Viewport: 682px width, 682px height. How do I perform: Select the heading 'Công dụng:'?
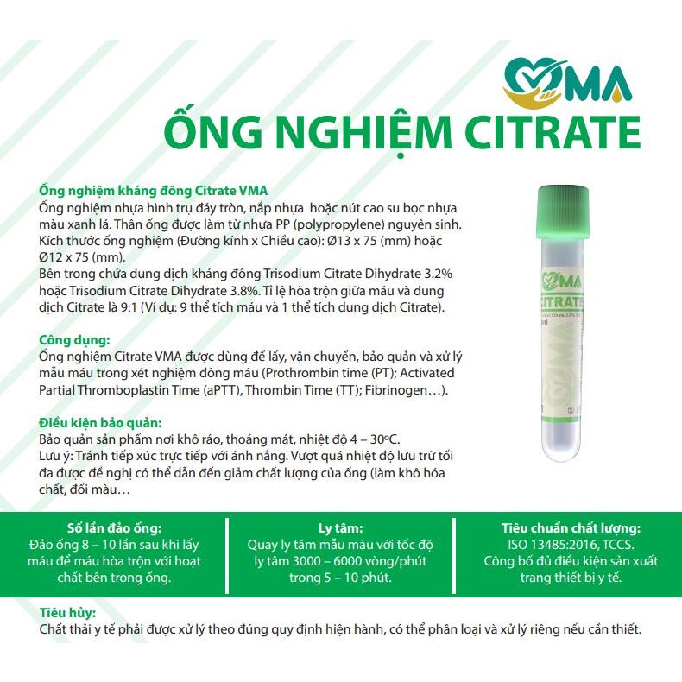[x=74, y=340]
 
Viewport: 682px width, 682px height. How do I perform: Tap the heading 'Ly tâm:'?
[x=340, y=527]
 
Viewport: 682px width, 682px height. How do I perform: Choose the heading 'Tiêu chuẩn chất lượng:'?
[x=571, y=527]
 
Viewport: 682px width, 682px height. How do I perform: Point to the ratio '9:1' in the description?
[x=170, y=308]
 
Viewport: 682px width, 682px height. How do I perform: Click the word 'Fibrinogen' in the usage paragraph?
[x=392, y=390]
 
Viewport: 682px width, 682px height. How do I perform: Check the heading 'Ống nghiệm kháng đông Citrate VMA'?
[x=154, y=191]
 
